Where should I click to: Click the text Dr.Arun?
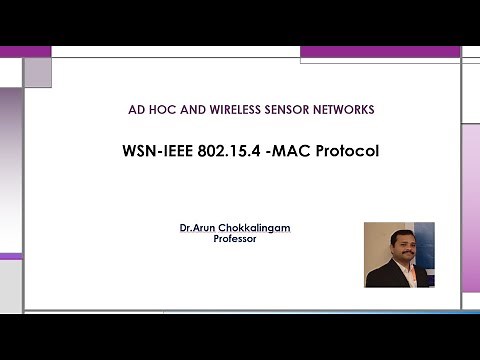pyautogui.click(x=196, y=229)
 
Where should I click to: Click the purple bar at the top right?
pyautogui.click(x=379, y=51)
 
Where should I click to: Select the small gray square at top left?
pyautogui.click(x=37, y=71)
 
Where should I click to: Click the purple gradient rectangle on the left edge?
pyautogui.click(x=10, y=170)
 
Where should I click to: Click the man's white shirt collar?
pyautogui.click(x=395, y=266)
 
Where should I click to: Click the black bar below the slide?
pyautogui.click(x=240, y=336)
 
